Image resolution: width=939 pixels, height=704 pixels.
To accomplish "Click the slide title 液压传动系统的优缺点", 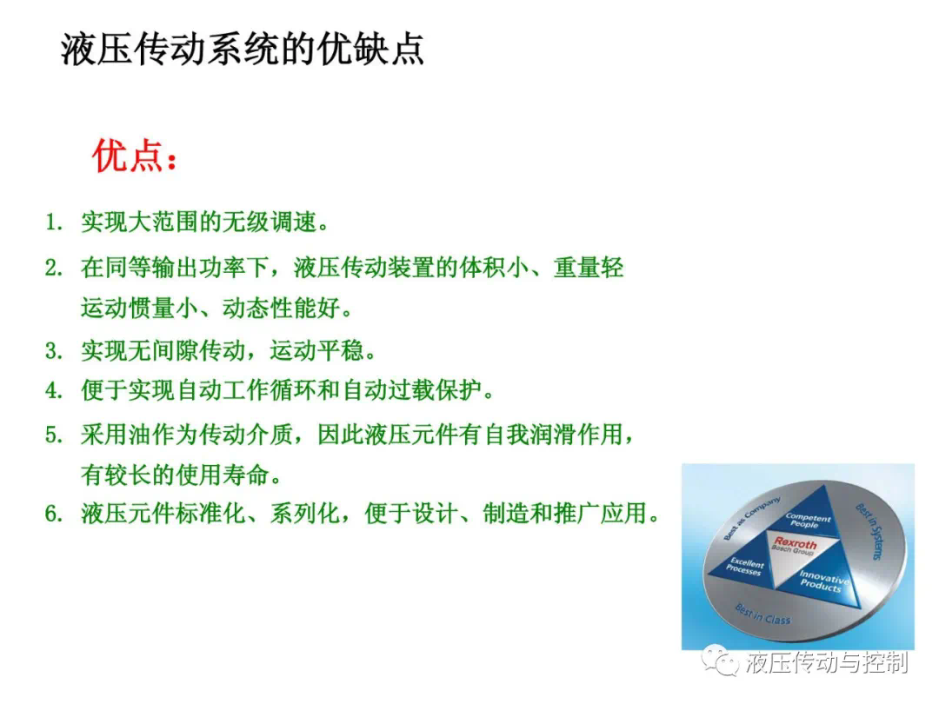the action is tap(242, 49).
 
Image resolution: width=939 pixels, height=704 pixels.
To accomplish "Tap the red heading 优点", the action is tap(128, 156).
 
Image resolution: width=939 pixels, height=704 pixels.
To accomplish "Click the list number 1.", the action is tap(54, 222).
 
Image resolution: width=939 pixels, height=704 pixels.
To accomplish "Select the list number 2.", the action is tap(54, 268).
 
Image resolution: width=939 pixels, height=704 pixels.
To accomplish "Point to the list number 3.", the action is tap(54, 351).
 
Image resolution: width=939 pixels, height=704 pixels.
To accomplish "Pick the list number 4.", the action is tap(54, 391).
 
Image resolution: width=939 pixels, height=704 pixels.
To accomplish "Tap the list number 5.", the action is tap(54, 435).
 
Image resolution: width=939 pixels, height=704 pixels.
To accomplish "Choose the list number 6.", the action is tap(54, 514).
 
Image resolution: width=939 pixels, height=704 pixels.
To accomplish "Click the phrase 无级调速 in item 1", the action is tap(270, 222).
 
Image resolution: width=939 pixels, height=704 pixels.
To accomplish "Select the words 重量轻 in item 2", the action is tap(589, 268).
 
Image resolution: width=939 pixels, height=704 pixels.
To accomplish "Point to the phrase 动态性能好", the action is tap(282, 309).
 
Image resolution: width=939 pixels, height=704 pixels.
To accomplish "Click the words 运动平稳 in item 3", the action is tap(316, 351).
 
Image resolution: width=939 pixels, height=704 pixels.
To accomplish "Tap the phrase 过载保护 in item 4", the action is tap(435, 391).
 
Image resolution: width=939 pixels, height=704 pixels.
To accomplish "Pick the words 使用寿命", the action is tap(223, 475).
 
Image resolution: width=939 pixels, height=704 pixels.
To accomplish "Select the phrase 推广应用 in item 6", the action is tap(601, 514).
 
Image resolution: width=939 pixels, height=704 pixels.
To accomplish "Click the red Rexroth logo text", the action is tap(796, 542).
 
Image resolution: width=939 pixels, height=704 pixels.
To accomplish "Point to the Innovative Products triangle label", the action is tap(823, 580).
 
